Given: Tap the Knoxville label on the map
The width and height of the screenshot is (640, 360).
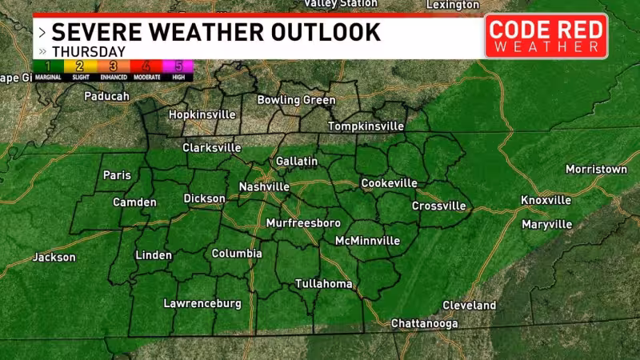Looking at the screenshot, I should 546,200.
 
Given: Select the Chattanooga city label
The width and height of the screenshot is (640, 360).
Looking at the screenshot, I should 424,323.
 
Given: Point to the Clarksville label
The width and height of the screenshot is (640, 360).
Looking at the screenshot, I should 212,148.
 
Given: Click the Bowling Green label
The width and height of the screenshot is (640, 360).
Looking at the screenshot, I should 296,100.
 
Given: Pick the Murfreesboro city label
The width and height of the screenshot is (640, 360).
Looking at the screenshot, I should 303,222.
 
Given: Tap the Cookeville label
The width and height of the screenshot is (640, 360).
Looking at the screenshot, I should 389,183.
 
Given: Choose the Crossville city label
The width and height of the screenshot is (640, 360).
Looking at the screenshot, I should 438,206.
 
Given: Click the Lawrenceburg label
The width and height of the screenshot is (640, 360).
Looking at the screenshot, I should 202,303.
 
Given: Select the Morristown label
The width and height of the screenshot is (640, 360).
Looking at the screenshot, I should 596,170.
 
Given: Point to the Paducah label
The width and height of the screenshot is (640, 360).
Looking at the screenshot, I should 106,96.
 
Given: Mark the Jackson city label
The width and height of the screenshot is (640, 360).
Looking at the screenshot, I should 54,258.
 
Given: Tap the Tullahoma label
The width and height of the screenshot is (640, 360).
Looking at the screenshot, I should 323,284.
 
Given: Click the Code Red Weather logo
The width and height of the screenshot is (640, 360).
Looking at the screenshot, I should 546,36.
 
